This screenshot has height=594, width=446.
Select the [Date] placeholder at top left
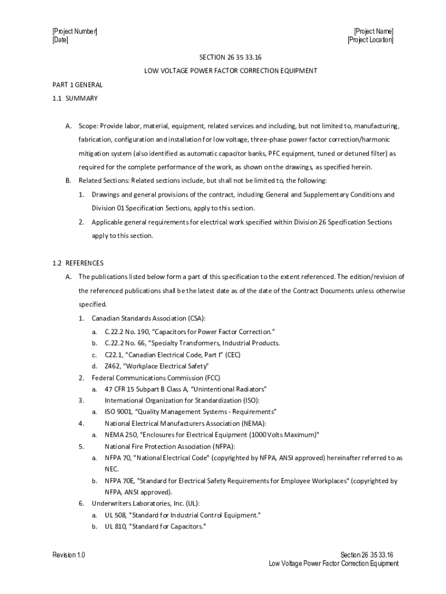point(60,40)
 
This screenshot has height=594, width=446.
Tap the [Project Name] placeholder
point(374,31)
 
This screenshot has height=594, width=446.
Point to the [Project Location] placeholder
point(370,40)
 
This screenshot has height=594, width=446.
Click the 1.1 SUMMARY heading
point(75,98)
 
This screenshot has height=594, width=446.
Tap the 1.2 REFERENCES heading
point(78,263)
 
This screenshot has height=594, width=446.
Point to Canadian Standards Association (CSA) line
point(148,319)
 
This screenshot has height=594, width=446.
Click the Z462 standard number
point(112,366)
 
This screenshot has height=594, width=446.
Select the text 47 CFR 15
point(120,389)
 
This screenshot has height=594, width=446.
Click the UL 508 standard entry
point(116,515)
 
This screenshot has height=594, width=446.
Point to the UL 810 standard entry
point(116,527)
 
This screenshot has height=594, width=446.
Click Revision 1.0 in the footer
point(68,555)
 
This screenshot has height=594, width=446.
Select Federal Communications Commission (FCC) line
point(152,378)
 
